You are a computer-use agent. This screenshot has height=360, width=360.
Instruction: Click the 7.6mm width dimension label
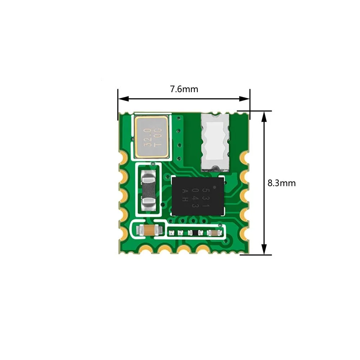(x=184, y=89)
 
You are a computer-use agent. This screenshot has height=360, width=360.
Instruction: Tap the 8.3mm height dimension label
(x=282, y=183)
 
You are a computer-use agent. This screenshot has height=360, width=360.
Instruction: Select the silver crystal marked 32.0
(x=152, y=137)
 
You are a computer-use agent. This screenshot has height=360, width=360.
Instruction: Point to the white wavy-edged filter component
(x=215, y=142)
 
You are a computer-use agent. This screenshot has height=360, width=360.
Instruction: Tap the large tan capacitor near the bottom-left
(x=149, y=230)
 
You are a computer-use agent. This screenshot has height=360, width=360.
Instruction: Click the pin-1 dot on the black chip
(x=215, y=187)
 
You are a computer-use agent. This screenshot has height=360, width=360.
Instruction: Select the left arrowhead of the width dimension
(x=123, y=99)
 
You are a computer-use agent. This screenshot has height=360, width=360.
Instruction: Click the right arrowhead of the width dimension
(x=244, y=99)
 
